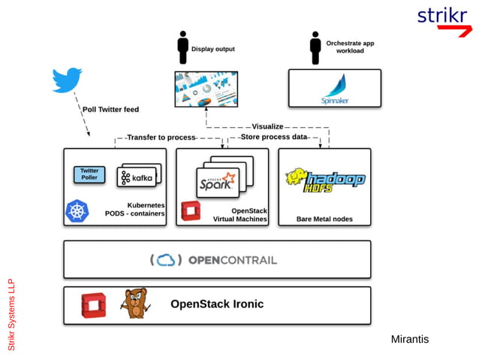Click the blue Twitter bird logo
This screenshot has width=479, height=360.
point(67,80)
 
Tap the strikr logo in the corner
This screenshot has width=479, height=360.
point(442,19)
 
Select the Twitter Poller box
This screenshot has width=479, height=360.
point(89,174)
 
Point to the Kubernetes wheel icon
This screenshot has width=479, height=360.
point(77,210)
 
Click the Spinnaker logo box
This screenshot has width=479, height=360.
point(334,89)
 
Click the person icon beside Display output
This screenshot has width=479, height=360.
point(182,47)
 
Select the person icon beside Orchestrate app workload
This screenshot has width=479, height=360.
point(315,47)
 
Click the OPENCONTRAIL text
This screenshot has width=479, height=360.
point(232,260)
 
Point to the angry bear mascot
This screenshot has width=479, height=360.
point(135,304)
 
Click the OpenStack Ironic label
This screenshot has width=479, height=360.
point(217,304)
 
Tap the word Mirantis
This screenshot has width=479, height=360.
point(410,340)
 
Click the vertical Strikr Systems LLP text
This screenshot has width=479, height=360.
point(11,315)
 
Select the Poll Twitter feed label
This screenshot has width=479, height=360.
point(110,110)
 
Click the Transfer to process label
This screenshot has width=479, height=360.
point(161,138)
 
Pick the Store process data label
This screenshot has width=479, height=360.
point(274,138)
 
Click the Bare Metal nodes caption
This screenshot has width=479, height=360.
point(324,219)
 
